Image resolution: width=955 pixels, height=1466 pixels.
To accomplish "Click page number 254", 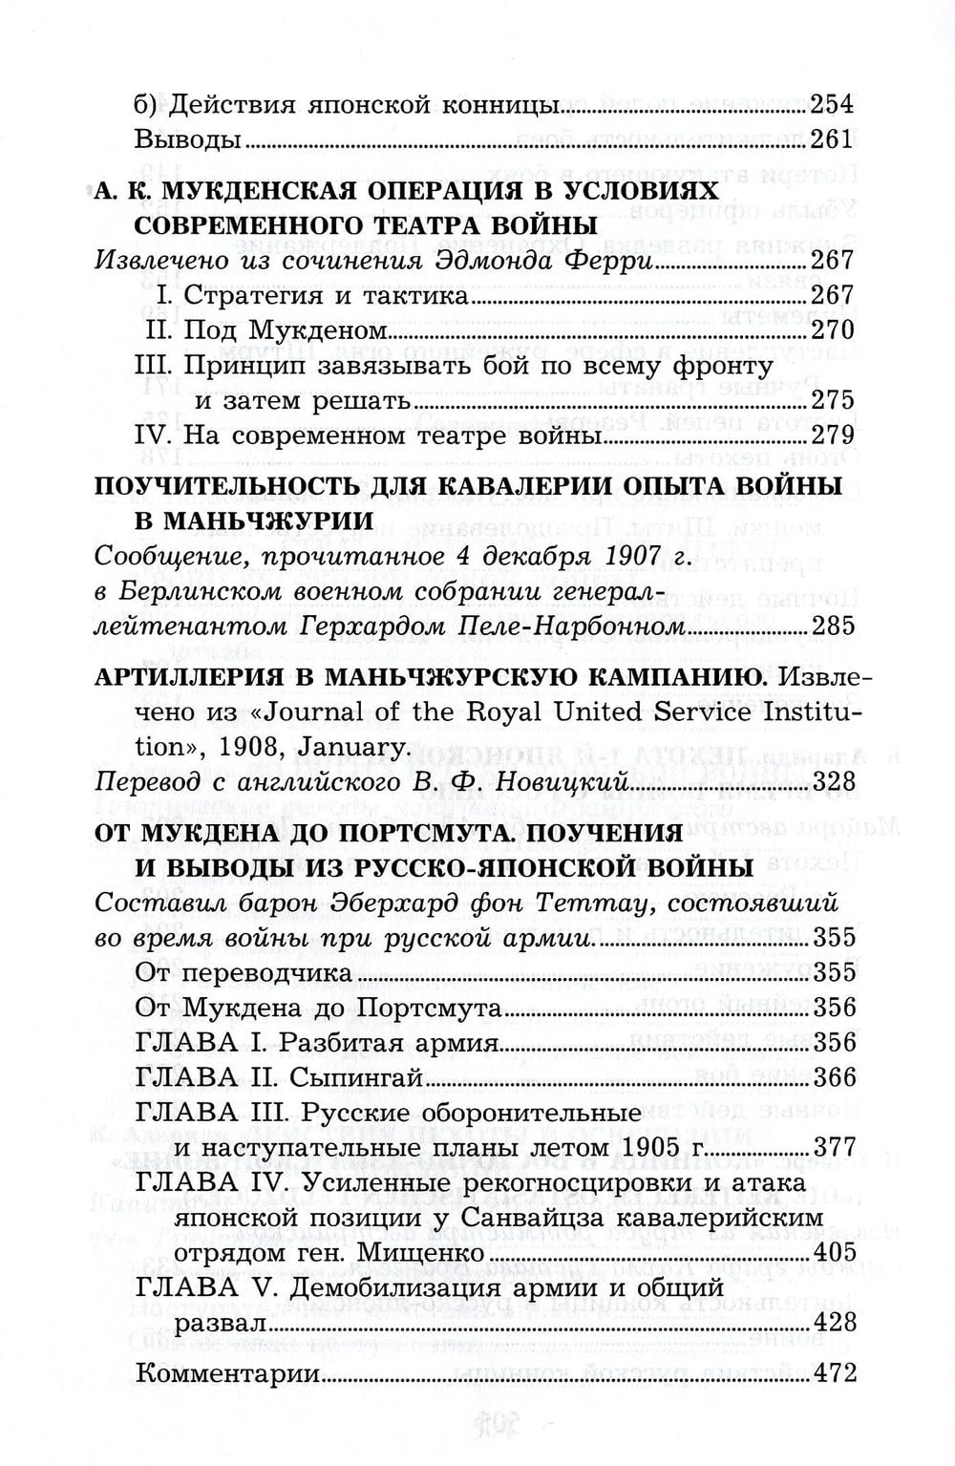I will coord(831,103).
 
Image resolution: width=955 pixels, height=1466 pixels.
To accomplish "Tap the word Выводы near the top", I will coord(187,139).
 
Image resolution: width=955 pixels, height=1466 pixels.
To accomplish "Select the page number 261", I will coord(831,139).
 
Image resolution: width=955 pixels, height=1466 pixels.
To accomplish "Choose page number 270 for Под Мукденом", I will coord(831,330).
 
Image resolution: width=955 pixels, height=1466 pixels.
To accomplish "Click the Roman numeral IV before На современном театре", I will coord(155,436).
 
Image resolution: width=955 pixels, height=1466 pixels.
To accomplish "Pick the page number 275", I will coord(831,400).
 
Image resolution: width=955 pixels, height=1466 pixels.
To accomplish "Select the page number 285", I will coord(831,627).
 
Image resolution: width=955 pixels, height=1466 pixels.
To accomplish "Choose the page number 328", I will coord(831,783).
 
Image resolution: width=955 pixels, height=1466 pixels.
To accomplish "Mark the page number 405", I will coord(831,1252).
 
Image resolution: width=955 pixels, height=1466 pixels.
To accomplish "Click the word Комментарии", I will coord(226,1374).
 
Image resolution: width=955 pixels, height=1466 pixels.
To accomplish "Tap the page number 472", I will coord(831,1374).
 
